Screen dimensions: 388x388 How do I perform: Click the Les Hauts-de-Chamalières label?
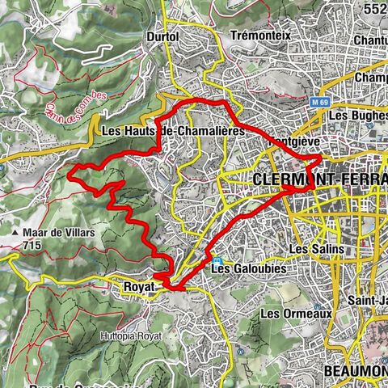173,131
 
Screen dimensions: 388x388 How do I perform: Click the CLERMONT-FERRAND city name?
319,178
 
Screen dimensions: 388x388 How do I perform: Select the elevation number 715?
33,243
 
